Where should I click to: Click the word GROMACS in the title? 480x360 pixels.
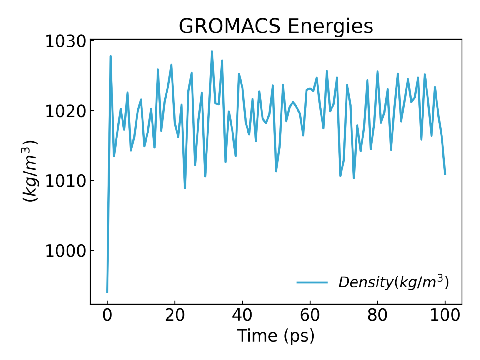[229, 26]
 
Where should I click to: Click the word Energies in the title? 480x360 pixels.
[330, 26]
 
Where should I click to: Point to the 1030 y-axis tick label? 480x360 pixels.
[65, 42]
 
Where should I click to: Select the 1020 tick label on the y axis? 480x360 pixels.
[65, 111]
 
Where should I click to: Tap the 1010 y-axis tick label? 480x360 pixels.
[65, 181]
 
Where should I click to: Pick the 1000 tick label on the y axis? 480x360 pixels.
[65, 251]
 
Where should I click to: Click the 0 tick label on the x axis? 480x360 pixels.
[107, 315]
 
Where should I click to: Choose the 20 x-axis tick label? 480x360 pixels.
[175, 315]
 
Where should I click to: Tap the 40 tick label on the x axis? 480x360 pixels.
[242, 315]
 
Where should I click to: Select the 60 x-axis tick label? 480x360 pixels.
[310, 315]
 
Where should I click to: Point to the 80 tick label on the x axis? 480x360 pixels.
[377, 315]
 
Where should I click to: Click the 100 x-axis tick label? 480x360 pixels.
[445, 315]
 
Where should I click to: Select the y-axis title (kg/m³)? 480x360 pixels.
[30, 171]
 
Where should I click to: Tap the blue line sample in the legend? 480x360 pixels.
[312, 282]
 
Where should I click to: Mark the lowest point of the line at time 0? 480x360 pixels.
[107, 292]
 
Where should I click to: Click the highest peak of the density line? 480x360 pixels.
[212, 51]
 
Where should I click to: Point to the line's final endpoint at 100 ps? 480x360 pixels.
[445, 174]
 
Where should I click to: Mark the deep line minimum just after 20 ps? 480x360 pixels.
[185, 188]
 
